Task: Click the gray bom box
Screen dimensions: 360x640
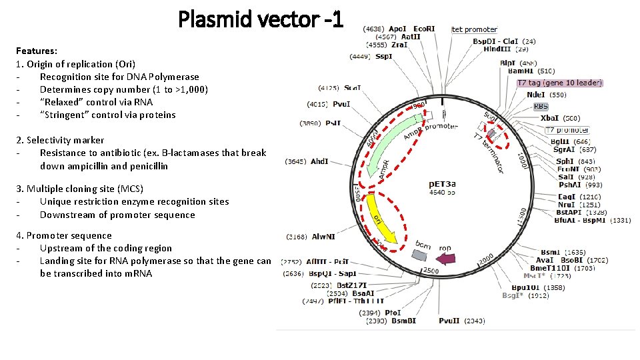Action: pyautogui.click(x=419, y=255)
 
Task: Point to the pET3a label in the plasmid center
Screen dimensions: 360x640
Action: pyautogui.click(x=443, y=184)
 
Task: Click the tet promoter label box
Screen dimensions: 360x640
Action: pyautogui.click(x=475, y=29)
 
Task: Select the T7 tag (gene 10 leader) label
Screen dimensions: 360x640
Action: pyautogui.click(x=560, y=83)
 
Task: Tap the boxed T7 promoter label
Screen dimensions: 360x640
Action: pyautogui.click(x=567, y=130)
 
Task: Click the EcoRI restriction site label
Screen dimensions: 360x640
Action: pyautogui.click(x=424, y=29)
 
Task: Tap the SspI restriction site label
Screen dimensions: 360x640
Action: pyautogui.click(x=384, y=56)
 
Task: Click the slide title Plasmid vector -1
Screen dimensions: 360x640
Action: pyautogui.click(x=261, y=19)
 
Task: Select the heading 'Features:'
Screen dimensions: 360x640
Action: pyautogui.click(x=37, y=51)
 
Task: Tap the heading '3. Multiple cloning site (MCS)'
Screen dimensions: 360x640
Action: pyautogui.click(x=79, y=189)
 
